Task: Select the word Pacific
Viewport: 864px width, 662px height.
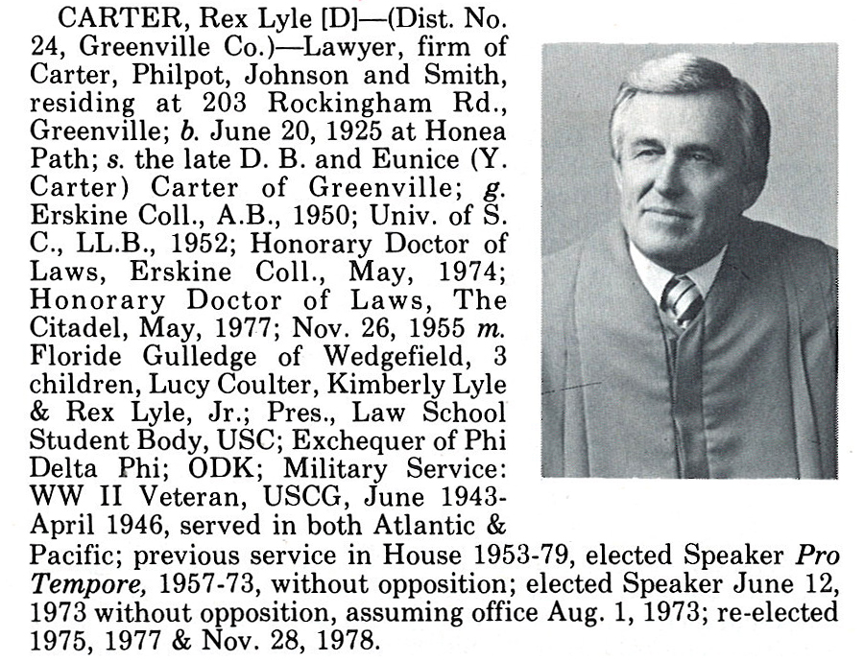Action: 76,554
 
